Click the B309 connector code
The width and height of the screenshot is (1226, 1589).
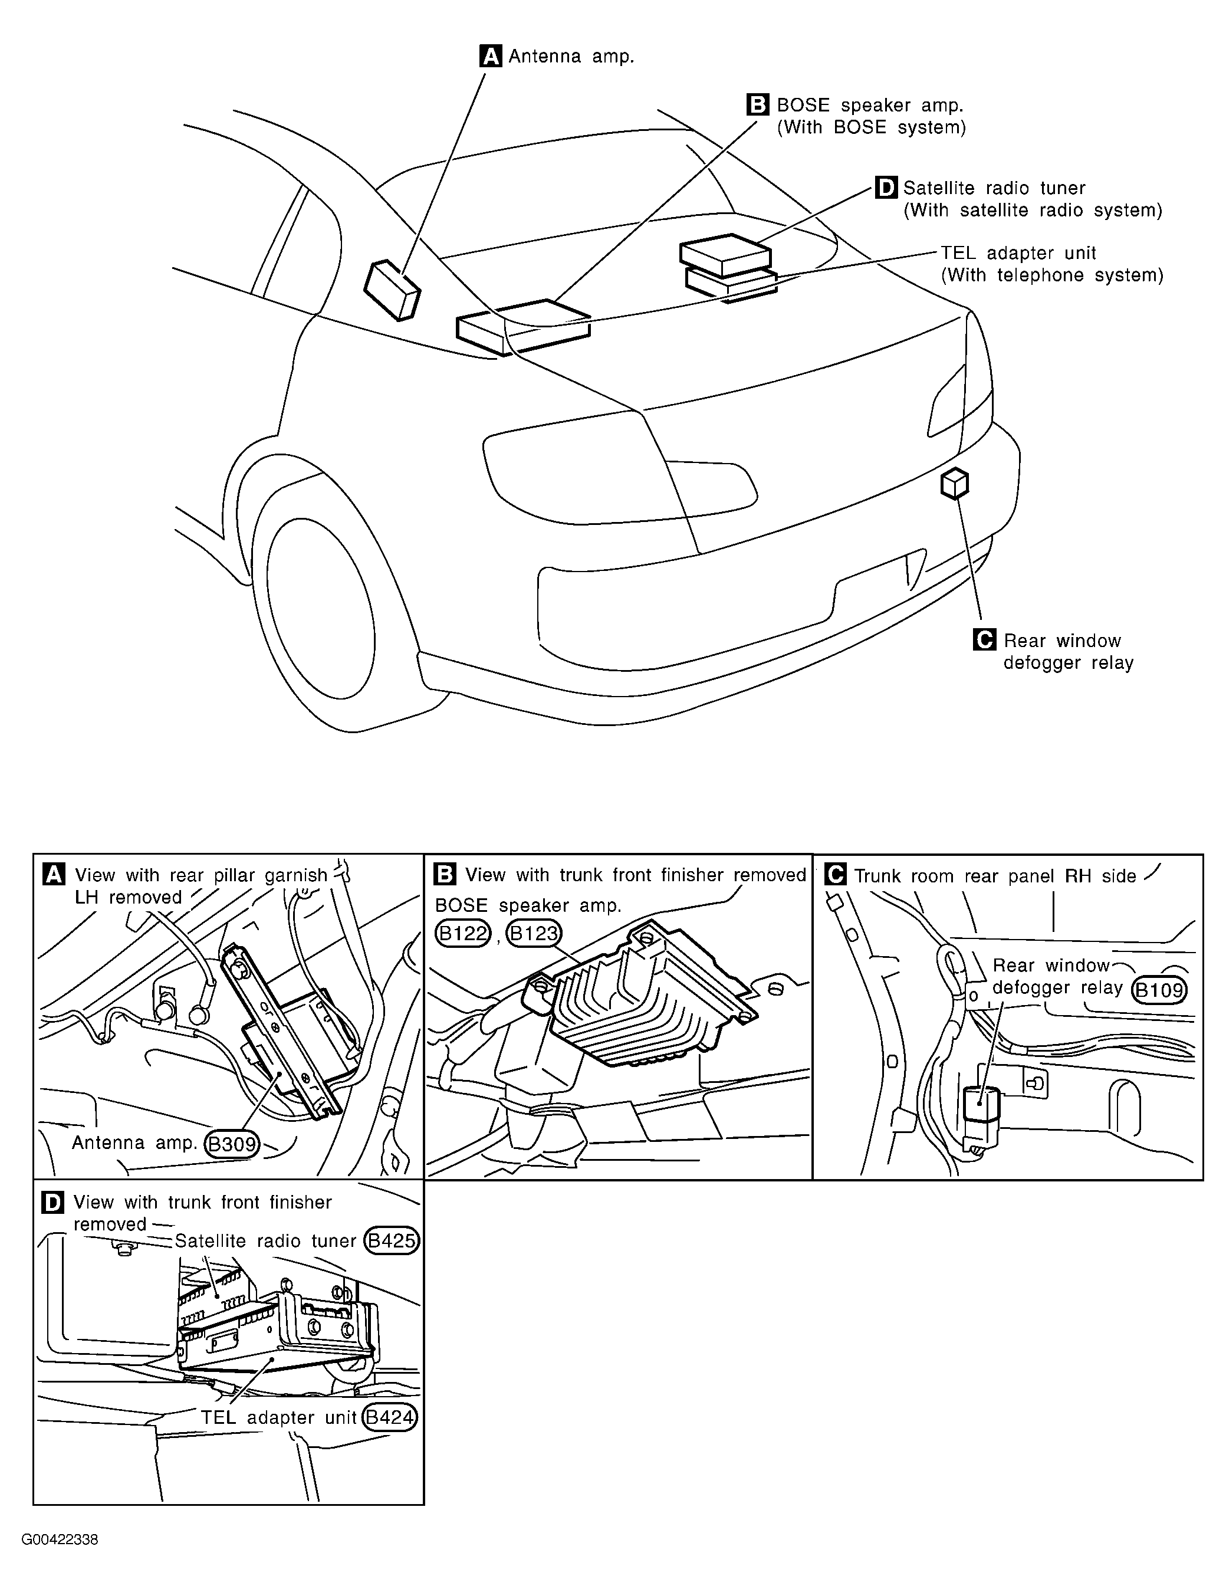point(232,1144)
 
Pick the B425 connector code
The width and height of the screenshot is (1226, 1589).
point(392,1240)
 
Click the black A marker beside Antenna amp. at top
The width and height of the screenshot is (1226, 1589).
point(491,56)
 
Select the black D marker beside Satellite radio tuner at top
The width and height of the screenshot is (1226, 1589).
point(886,188)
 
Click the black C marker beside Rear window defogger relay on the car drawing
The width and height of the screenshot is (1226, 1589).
point(984,639)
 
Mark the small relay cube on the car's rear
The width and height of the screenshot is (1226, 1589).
point(955,484)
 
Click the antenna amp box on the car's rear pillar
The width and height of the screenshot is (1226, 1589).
point(392,290)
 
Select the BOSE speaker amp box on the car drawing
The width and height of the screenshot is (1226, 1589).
point(523,327)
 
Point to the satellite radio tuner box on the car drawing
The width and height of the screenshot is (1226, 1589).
point(725,255)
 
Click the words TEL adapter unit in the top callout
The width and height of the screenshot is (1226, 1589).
point(1018,253)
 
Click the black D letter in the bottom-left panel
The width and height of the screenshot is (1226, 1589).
point(54,1203)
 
